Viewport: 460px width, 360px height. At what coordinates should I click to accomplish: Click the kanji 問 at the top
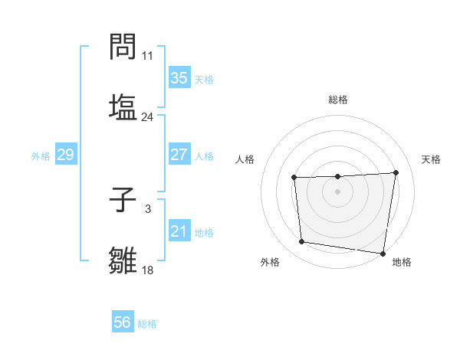(x=123, y=49)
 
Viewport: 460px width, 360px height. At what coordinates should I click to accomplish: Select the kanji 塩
(x=123, y=107)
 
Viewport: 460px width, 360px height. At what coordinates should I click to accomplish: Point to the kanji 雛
(x=123, y=260)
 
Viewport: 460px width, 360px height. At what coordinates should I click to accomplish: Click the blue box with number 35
(x=179, y=77)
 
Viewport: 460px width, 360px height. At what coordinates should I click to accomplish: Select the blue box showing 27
(x=179, y=154)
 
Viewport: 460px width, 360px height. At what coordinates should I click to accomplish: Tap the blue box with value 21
(x=179, y=231)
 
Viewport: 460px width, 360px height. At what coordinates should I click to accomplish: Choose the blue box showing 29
(x=65, y=155)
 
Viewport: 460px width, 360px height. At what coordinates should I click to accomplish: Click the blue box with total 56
(x=123, y=322)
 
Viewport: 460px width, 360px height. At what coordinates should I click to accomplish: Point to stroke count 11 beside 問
(x=148, y=56)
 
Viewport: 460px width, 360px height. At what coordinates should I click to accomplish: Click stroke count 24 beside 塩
(x=148, y=117)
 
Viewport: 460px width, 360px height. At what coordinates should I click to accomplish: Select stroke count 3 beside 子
(x=147, y=208)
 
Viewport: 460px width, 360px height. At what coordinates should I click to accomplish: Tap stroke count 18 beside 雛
(x=148, y=270)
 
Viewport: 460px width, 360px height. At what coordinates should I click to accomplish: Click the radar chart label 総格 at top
(x=338, y=100)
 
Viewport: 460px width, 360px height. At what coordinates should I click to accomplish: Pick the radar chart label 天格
(x=431, y=159)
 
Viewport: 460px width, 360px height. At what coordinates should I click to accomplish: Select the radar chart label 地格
(x=402, y=262)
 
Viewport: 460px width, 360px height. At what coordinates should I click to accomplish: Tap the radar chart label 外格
(x=270, y=262)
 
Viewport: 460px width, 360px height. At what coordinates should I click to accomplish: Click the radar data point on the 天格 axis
(x=396, y=172)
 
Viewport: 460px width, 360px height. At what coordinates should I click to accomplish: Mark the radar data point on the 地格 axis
(x=383, y=253)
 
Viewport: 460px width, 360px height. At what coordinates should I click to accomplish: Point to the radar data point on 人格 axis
(x=294, y=178)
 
